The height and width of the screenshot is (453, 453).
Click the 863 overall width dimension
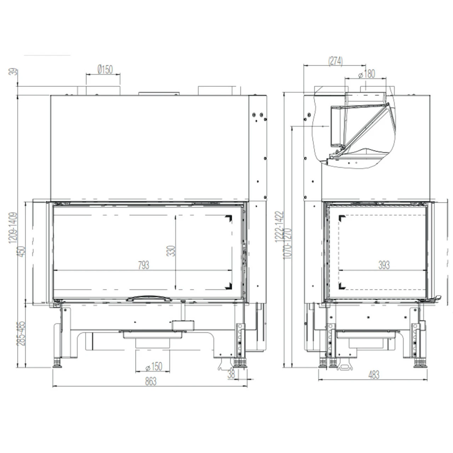click(150, 381)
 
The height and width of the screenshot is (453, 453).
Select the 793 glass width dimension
click(143, 265)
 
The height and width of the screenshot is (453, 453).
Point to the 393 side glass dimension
click(384, 265)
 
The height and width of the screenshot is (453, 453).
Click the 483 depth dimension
click(374, 374)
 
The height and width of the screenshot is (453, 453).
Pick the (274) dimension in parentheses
click(335, 61)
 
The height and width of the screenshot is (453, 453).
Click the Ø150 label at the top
click(105, 69)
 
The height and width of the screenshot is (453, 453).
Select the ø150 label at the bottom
click(154, 367)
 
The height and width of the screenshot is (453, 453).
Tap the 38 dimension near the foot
click(231, 374)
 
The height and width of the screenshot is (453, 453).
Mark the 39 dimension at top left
click(13, 72)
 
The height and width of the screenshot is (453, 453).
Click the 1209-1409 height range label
click(13, 228)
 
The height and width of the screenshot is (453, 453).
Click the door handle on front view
click(149, 298)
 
